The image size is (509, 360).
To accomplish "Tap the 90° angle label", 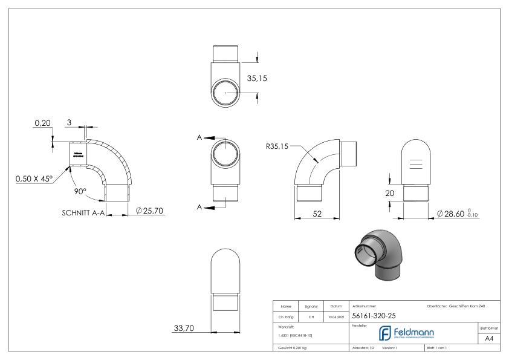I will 81,191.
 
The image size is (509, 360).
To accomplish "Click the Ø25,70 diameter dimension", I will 151,211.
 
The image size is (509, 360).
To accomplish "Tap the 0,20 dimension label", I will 42,123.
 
